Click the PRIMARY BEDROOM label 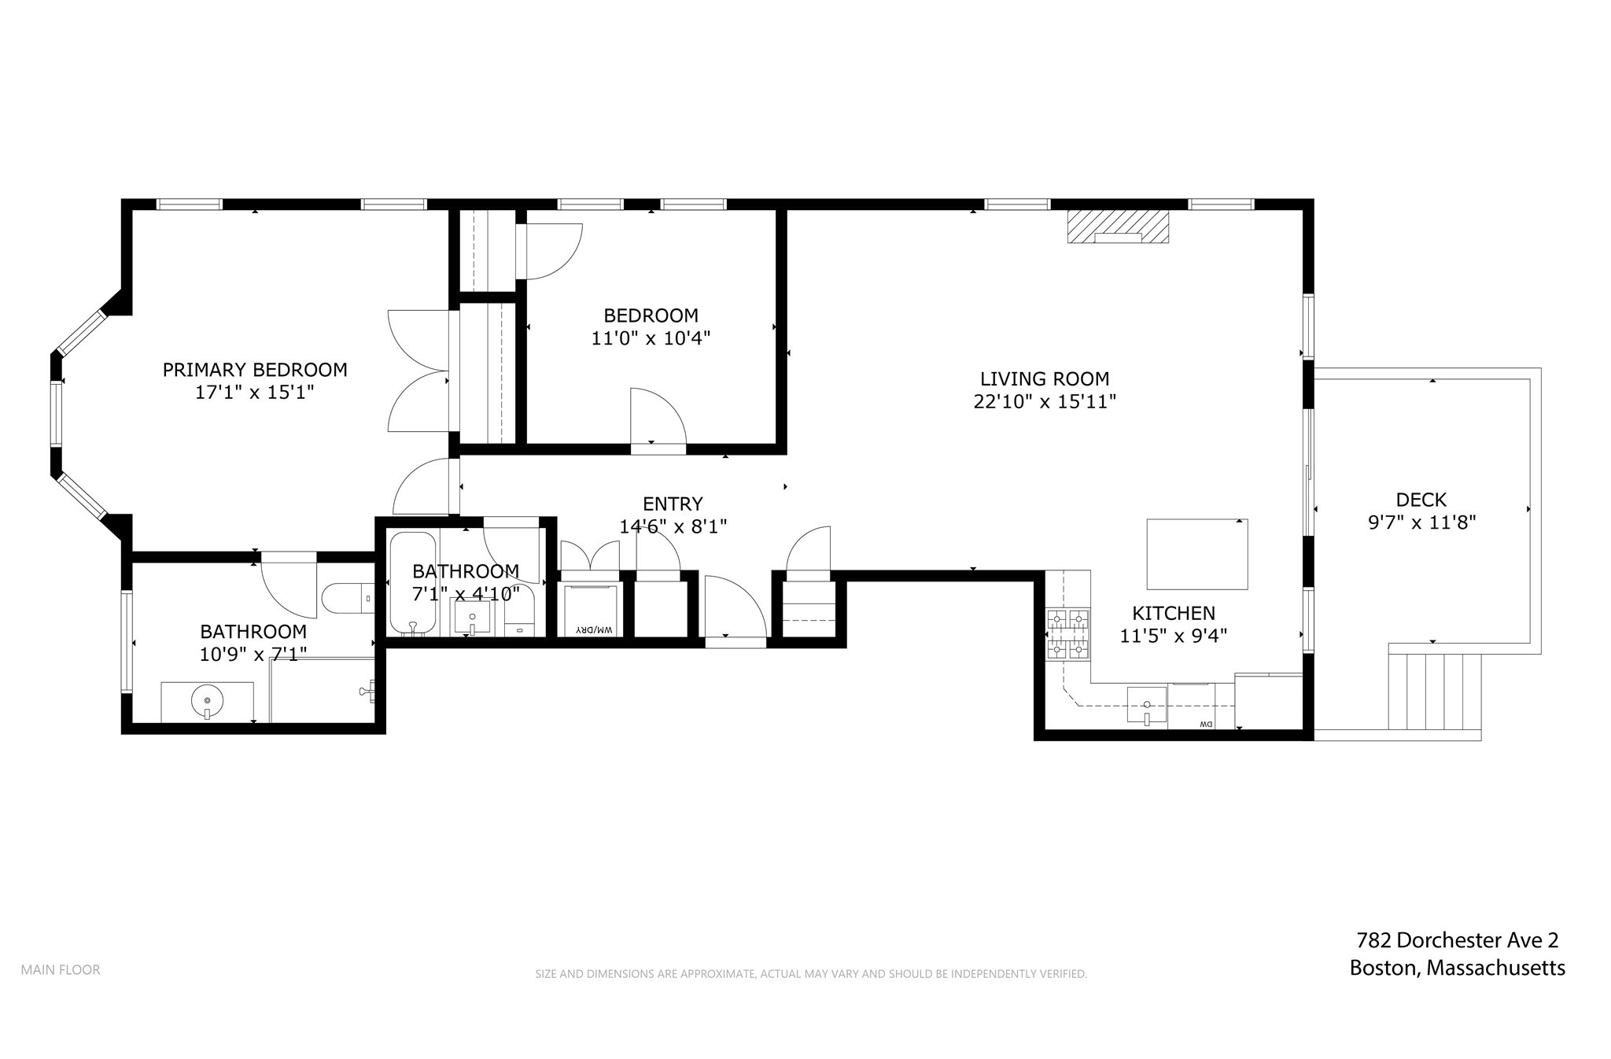coord(255,370)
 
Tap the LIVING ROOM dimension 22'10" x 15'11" coord(1045,402)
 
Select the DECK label coord(1421,500)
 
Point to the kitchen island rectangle coord(1196,554)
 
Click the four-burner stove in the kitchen coord(1067,633)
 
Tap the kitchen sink coord(1146,705)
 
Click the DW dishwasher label coord(1204,724)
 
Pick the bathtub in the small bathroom coord(413,583)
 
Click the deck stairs coord(1435,692)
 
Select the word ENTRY coord(673,504)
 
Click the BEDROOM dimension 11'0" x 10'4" coord(651,339)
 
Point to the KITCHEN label coord(1173,613)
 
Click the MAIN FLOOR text coord(61,970)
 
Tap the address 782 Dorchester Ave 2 coord(1457,940)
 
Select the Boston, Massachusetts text coord(1457,969)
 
